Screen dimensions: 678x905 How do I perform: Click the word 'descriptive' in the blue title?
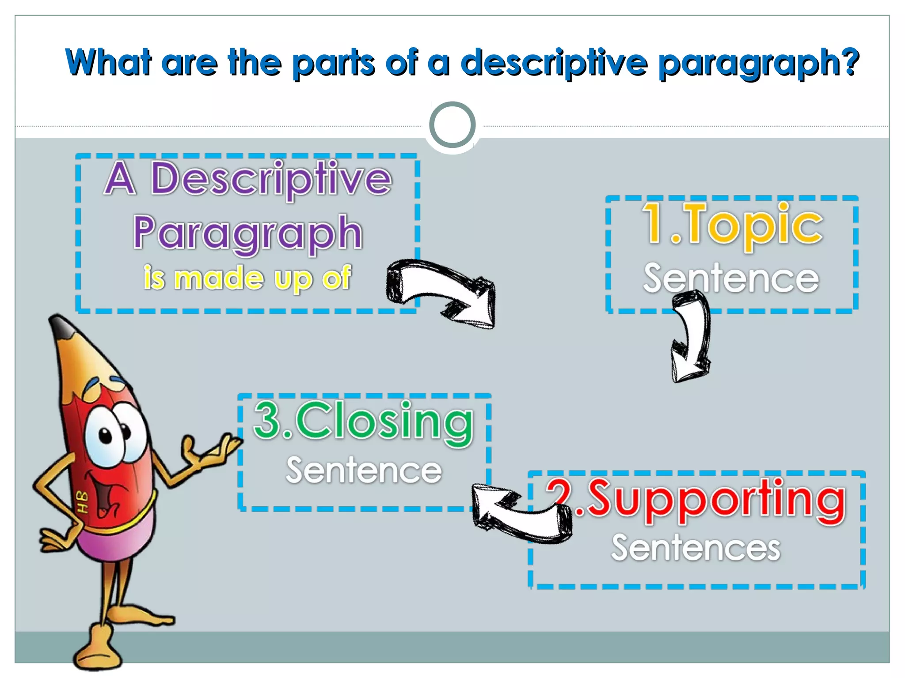(555, 63)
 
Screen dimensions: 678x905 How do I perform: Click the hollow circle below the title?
(452, 125)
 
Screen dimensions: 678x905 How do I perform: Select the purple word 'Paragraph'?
(248, 233)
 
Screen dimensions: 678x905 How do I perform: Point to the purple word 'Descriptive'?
(271, 179)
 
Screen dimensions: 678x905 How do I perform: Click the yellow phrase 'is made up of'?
(247, 278)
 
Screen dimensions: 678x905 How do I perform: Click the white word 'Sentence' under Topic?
(731, 278)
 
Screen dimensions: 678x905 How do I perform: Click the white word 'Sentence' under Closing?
(364, 471)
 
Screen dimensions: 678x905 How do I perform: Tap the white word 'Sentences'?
(696, 548)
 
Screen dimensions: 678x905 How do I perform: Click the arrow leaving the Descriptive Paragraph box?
(442, 291)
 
